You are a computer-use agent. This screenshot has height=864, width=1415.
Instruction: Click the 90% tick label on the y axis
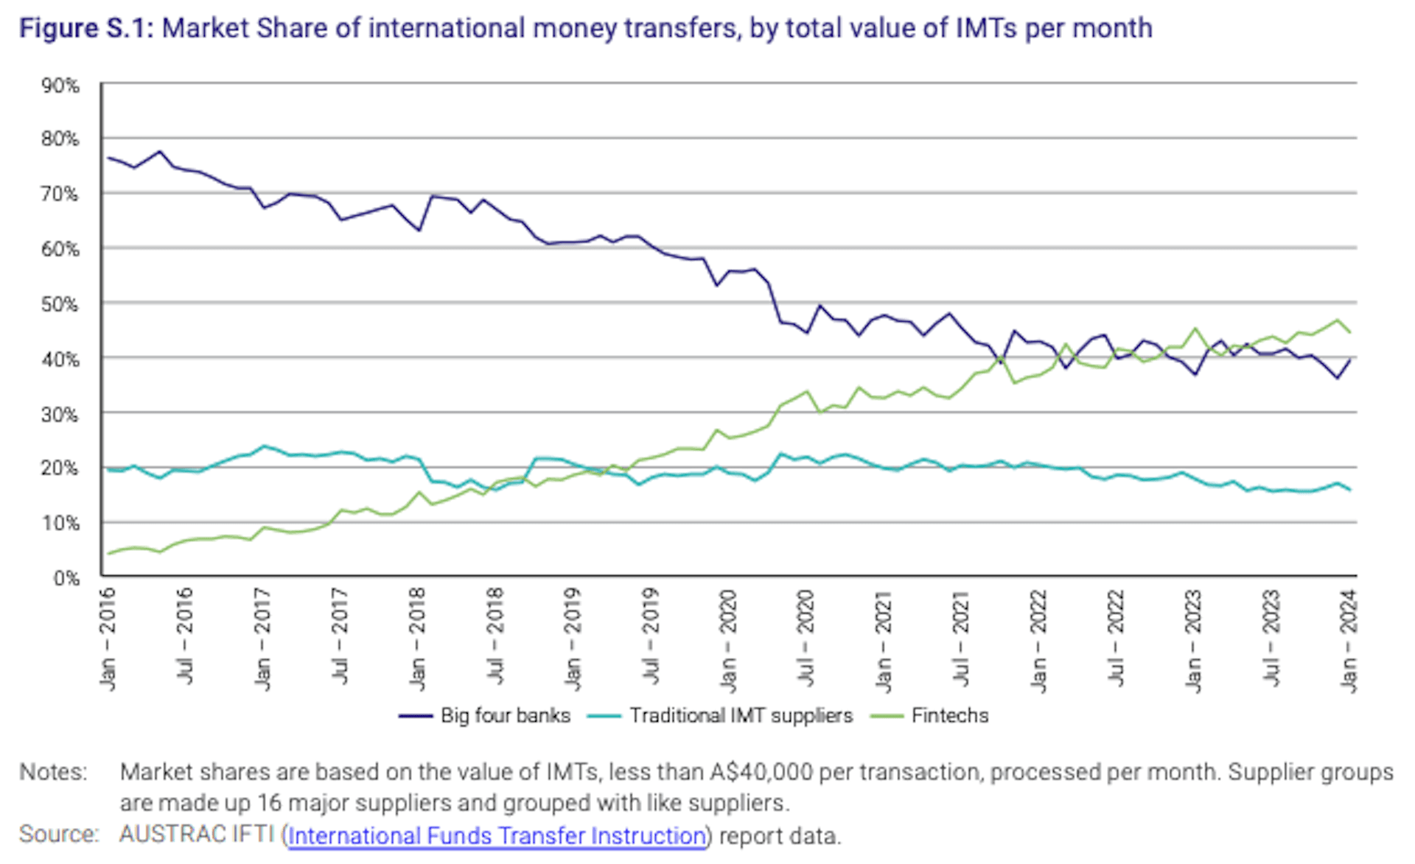point(60,86)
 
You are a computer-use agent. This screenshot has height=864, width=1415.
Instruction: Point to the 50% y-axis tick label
point(60,304)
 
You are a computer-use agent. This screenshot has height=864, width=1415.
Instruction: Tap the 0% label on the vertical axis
point(66,578)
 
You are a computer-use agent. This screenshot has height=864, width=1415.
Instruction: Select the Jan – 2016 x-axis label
point(108,639)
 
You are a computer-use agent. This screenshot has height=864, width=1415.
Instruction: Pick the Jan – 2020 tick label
point(728,640)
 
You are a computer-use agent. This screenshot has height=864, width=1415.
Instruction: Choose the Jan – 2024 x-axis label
point(1349,640)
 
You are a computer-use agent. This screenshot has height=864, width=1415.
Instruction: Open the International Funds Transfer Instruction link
point(497,835)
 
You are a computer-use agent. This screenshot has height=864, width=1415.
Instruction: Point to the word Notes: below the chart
point(53,772)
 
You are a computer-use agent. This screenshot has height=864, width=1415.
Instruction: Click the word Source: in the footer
point(58,834)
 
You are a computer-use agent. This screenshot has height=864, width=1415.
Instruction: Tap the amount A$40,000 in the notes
point(761,772)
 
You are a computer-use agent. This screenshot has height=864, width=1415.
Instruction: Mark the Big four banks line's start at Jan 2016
point(108,158)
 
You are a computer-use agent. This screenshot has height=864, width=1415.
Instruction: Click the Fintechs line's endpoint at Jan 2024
point(1349,332)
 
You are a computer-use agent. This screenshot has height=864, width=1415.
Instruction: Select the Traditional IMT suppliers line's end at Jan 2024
point(1349,490)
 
